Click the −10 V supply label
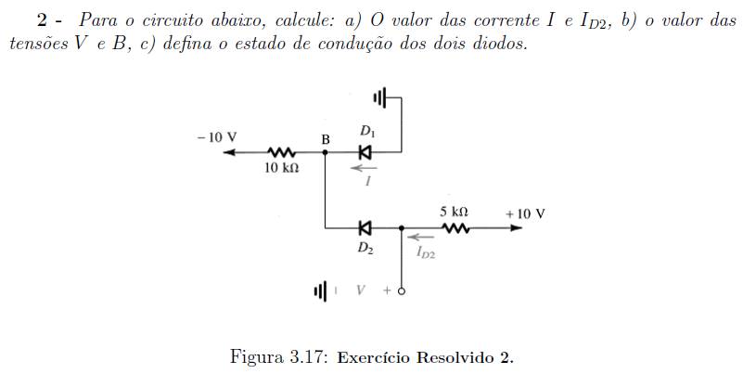click(x=217, y=136)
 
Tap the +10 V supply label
click(x=525, y=213)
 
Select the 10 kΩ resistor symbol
click(x=281, y=152)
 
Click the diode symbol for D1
click(x=365, y=152)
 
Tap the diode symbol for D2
click(x=365, y=227)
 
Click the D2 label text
click(x=365, y=248)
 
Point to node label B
click(x=326, y=140)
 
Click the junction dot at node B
click(x=326, y=152)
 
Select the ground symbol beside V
click(x=322, y=292)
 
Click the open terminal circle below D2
click(x=401, y=292)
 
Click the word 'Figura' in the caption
click(x=256, y=357)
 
